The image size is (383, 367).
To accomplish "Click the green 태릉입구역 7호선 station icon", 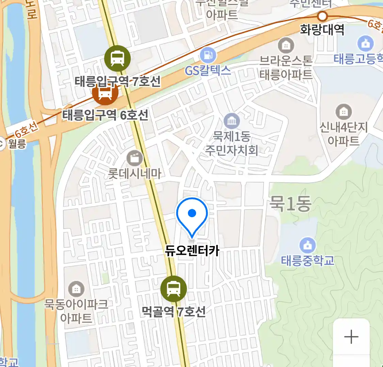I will [117, 58].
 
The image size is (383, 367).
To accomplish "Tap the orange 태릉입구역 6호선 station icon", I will [105, 92].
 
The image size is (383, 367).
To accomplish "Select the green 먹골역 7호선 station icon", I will [174, 289].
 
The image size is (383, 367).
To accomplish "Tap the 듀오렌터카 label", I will [192, 251].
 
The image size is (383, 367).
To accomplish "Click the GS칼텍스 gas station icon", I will [208, 55].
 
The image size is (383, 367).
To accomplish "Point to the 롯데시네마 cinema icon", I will [135, 158].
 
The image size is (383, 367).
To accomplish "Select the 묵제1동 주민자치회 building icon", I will [232, 121].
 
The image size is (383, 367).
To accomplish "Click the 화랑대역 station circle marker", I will [322, 16].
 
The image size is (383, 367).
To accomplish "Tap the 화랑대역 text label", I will [322, 30].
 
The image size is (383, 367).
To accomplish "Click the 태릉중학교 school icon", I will [307, 245].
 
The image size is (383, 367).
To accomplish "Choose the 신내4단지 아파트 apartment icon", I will [344, 112].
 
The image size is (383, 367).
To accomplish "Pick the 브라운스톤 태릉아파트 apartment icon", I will [286, 45].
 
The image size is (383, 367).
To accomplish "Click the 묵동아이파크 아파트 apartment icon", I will [76, 289].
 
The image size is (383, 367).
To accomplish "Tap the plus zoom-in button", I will [351, 337].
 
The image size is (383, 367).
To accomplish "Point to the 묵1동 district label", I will [290, 204].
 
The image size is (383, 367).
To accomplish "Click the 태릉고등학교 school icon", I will [365, 43].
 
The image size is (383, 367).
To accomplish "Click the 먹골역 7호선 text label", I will [174, 311].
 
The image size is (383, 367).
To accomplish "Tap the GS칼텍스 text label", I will [208, 70].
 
